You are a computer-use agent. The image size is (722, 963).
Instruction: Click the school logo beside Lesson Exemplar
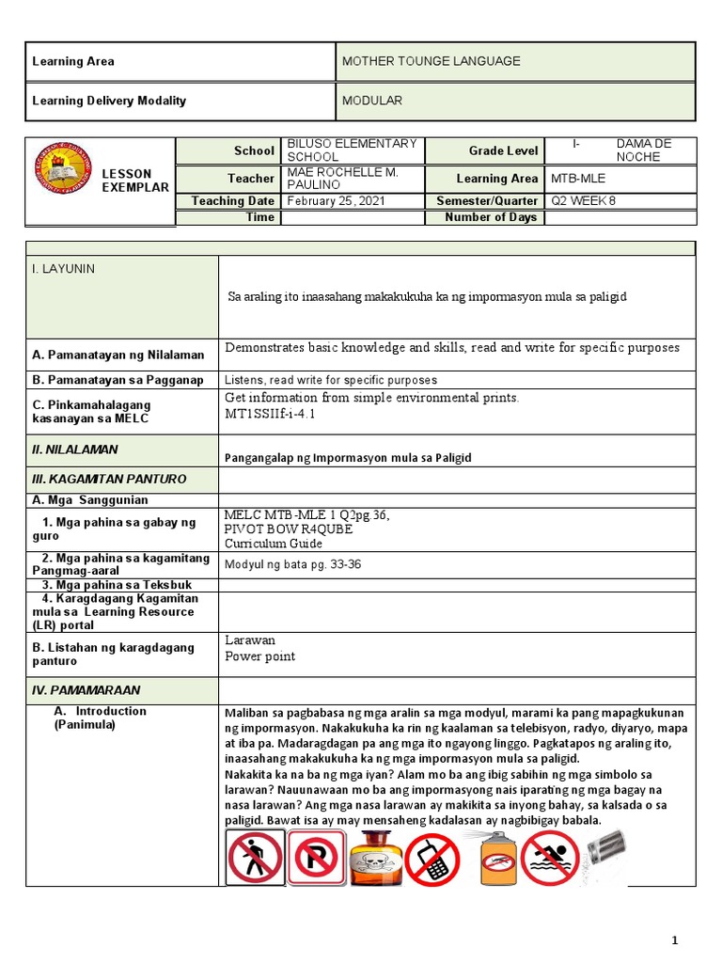64,168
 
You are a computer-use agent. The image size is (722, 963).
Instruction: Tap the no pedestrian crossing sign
255,858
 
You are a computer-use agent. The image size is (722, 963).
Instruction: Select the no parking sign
316,858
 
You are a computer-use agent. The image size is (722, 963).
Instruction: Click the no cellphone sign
432,859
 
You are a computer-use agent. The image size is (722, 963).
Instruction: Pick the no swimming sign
550,858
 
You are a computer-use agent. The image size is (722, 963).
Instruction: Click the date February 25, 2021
336,200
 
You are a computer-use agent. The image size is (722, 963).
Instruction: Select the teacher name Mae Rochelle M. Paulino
342,178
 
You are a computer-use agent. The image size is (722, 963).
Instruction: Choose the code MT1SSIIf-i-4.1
271,413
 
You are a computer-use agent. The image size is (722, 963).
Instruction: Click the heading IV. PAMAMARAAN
78,689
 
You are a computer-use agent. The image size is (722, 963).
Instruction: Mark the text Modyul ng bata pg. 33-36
292,565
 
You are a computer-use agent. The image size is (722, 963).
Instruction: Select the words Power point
260,656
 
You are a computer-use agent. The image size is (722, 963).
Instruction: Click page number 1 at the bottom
674,940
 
